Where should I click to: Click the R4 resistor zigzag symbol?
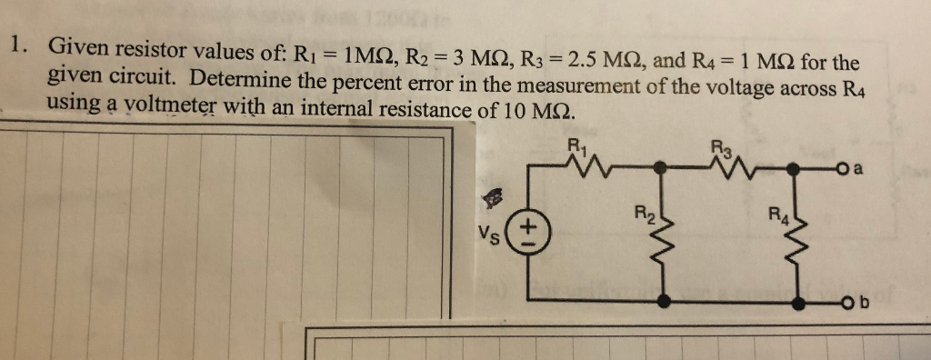pos(798,237)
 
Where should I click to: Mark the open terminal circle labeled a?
pos(843,168)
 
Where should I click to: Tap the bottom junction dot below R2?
pos(666,300)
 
